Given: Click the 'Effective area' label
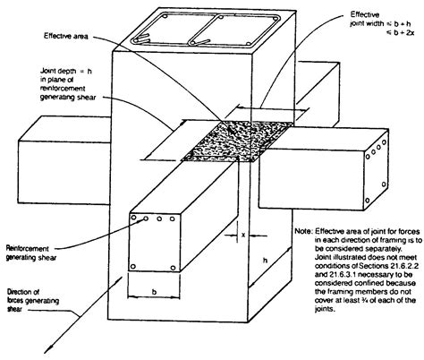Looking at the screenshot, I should tap(65, 37).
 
